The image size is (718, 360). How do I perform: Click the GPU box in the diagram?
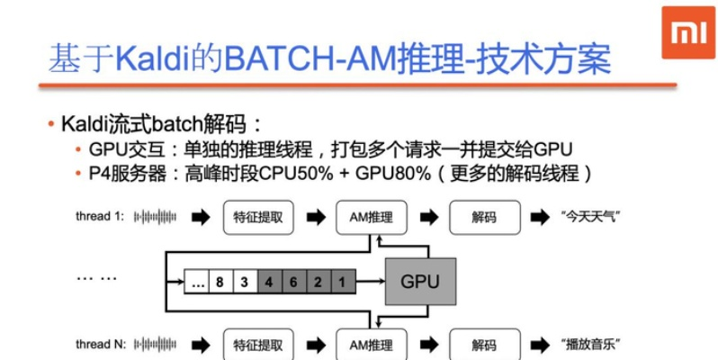tap(420, 282)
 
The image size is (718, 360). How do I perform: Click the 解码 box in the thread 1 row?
tap(482, 217)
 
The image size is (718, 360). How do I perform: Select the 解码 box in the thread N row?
tap(482, 344)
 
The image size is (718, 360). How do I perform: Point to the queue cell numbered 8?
tap(220, 283)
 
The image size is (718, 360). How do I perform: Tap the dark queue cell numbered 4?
tap(269, 283)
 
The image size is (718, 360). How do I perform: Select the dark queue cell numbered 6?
tap(293, 283)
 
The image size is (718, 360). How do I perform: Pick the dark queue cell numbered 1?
tap(341, 283)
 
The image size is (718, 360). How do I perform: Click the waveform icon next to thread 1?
tap(155, 217)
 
